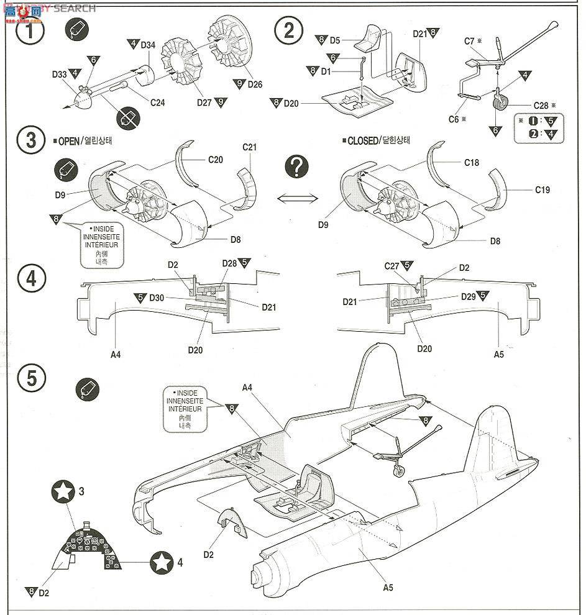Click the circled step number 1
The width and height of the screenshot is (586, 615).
point(25,32)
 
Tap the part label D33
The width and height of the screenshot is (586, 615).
point(60,74)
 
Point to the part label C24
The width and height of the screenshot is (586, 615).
point(157,102)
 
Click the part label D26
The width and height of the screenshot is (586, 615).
point(255,84)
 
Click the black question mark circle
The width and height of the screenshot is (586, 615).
point(297,166)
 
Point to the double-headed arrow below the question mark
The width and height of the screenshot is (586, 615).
point(297,198)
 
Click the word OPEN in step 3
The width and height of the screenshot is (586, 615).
point(68,141)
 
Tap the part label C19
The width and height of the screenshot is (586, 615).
point(542,190)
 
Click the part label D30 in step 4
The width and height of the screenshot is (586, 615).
point(157,298)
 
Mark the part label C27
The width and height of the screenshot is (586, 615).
point(391,266)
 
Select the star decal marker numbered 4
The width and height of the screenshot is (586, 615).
point(162,563)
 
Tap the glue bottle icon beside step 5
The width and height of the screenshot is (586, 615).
point(85,389)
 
